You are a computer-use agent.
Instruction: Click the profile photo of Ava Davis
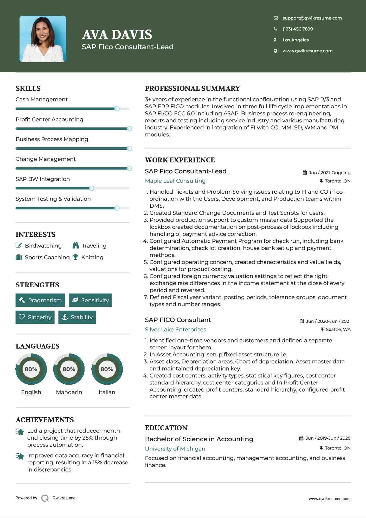(43, 39)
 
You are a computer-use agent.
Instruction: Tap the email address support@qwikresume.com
(312, 18)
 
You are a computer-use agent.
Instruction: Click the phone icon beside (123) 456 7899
(275, 29)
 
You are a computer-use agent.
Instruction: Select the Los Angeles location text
(296, 40)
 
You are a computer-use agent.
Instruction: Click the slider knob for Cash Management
(117, 109)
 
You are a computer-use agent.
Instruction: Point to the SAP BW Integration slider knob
(92, 188)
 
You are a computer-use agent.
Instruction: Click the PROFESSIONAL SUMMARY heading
(192, 89)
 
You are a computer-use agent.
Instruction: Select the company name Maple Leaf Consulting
(175, 181)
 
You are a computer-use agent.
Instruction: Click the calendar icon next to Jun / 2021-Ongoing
(305, 173)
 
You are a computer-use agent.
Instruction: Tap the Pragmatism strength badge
(40, 300)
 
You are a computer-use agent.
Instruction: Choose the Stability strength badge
(77, 317)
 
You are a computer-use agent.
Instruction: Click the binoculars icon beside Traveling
(76, 245)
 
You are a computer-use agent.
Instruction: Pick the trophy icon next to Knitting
(75, 257)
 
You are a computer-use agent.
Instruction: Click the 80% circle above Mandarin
(69, 369)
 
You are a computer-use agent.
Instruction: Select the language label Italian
(107, 392)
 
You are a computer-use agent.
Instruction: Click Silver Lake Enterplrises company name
(175, 330)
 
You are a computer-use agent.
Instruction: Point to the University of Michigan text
(175, 449)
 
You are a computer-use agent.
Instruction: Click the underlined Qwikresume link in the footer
(64, 498)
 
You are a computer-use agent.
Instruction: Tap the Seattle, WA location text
(338, 330)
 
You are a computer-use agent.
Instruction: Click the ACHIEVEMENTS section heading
(45, 420)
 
